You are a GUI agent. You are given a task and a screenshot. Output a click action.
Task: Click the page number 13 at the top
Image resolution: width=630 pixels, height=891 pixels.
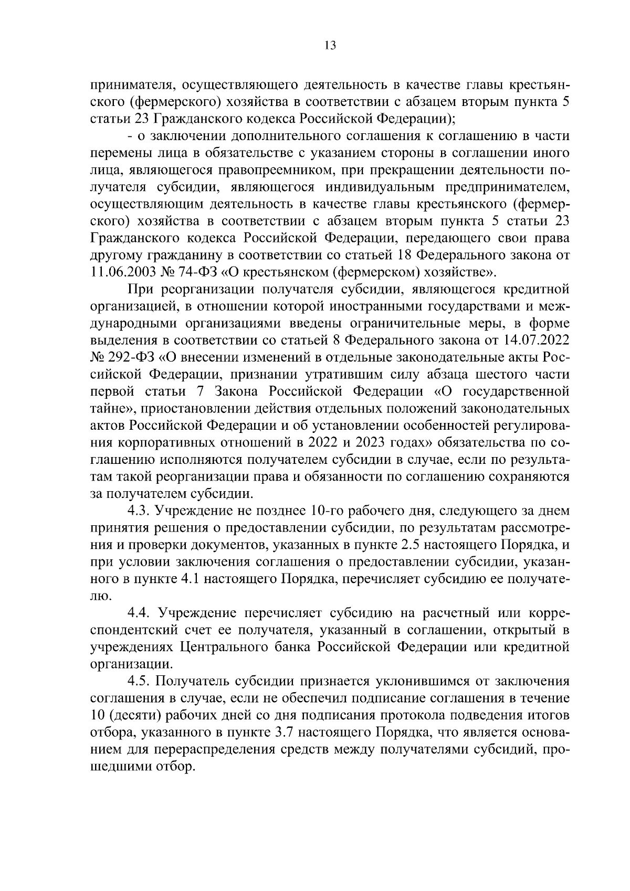(330, 45)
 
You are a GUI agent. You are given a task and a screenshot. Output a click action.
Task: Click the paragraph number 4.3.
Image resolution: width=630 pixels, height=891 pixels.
(138, 510)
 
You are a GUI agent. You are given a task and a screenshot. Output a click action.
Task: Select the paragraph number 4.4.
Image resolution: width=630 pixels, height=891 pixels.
(138, 612)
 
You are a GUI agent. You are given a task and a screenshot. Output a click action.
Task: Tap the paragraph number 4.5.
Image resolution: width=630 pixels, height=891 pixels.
(138, 681)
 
